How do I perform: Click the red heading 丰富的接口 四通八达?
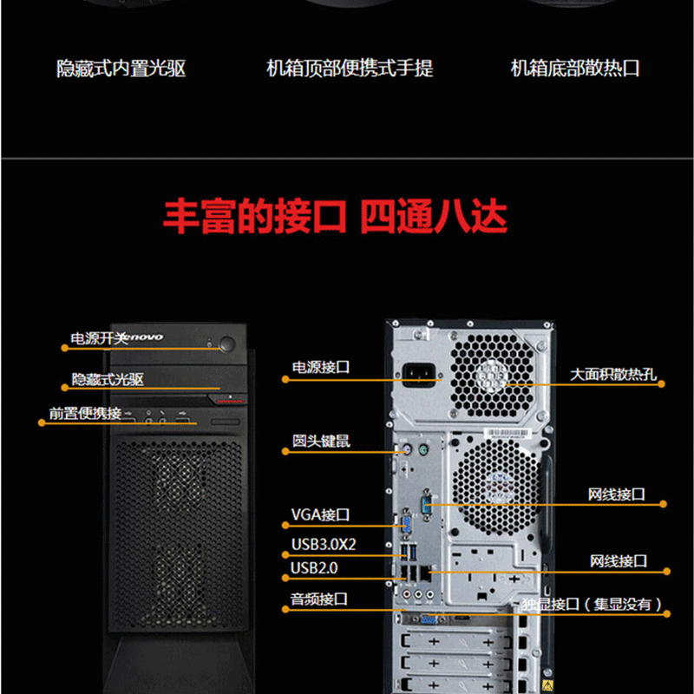335,216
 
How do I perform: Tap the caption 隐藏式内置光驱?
121,69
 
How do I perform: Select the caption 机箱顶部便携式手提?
350,69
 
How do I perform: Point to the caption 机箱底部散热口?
575,69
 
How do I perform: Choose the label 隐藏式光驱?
108,379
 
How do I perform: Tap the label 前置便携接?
85,414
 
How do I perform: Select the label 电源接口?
320,367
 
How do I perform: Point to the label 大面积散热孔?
613,375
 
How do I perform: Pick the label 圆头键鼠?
320,441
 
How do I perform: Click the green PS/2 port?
423,450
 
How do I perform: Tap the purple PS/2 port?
407,450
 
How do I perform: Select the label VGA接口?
320,514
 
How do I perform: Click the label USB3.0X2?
324,545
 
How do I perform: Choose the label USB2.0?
314,568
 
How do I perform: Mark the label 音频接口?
318,599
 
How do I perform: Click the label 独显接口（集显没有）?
593,604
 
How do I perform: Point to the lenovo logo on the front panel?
141,337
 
